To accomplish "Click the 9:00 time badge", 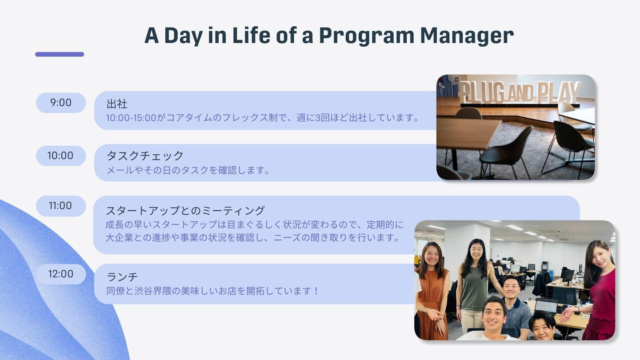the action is (61, 103).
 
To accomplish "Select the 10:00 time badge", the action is (61, 156).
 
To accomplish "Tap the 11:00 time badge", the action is (61, 206).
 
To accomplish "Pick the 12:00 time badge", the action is (61, 274).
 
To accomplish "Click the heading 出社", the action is (117, 104).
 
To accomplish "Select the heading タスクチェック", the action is (145, 156).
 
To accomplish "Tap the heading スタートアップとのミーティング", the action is (185, 211).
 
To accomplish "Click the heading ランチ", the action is (122, 276).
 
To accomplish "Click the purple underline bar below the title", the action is (60, 54).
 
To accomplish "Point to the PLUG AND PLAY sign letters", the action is (520, 92).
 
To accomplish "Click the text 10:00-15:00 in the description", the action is (131, 118).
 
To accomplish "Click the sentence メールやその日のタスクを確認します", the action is (188, 170).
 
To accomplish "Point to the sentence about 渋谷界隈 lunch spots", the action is (212, 291).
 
